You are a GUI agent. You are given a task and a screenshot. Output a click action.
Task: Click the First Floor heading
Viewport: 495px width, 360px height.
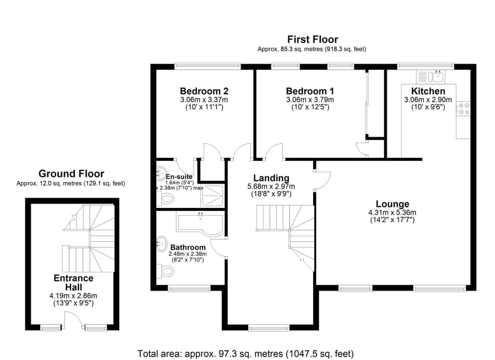[x=312, y=39]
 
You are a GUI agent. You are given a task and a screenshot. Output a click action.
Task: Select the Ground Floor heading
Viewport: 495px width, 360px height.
[x=71, y=174]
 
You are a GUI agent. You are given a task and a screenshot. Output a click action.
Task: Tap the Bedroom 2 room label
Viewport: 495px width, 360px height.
[x=204, y=91]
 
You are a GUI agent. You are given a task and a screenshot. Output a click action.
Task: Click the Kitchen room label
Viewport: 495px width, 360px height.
[x=424, y=91]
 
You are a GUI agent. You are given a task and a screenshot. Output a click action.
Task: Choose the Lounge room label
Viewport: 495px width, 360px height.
[x=392, y=204]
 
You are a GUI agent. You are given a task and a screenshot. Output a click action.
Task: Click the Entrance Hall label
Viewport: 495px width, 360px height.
[x=74, y=283]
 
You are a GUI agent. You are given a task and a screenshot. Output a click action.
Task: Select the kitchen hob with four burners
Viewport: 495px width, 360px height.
[x=463, y=108]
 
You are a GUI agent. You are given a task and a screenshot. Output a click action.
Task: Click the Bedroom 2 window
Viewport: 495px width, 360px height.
[x=207, y=66]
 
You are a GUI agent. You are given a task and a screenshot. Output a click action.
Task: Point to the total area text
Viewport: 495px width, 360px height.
[x=245, y=354]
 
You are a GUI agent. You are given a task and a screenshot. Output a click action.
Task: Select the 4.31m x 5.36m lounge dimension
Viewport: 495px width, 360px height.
[x=392, y=212]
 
